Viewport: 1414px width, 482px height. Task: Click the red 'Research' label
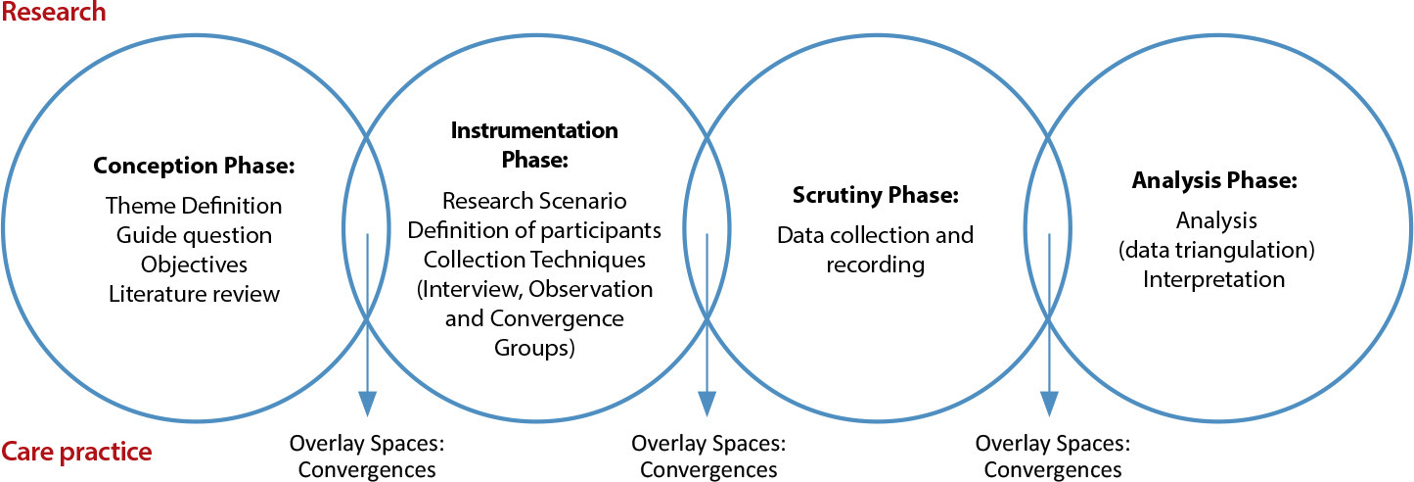click(54, 12)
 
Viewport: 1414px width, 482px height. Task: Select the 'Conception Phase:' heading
click(194, 166)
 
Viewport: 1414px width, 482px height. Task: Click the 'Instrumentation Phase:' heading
click(534, 145)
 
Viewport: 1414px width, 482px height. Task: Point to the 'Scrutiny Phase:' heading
click(876, 195)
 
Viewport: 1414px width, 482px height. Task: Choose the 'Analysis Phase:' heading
click(1214, 180)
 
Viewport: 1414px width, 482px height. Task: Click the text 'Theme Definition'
click(194, 206)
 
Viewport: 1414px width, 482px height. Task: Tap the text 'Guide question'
click(194, 236)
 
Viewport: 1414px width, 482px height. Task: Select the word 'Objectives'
click(194, 265)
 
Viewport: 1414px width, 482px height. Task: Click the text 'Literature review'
click(194, 294)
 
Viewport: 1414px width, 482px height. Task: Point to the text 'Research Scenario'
click(534, 201)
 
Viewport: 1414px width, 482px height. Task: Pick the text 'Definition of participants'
click(534, 230)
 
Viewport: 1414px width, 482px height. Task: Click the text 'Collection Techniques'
click(534, 260)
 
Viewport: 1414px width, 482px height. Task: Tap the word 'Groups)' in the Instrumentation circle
click(534, 348)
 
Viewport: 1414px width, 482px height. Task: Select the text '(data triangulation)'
click(1216, 250)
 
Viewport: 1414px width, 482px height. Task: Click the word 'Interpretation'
click(1214, 279)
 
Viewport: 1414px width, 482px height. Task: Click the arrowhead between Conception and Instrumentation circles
click(367, 404)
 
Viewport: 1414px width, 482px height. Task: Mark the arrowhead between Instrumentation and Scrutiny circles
click(707, 404)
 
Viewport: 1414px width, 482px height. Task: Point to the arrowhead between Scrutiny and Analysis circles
click(1049, 404)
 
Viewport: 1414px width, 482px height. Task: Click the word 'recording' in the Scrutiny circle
click(876, 265)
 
